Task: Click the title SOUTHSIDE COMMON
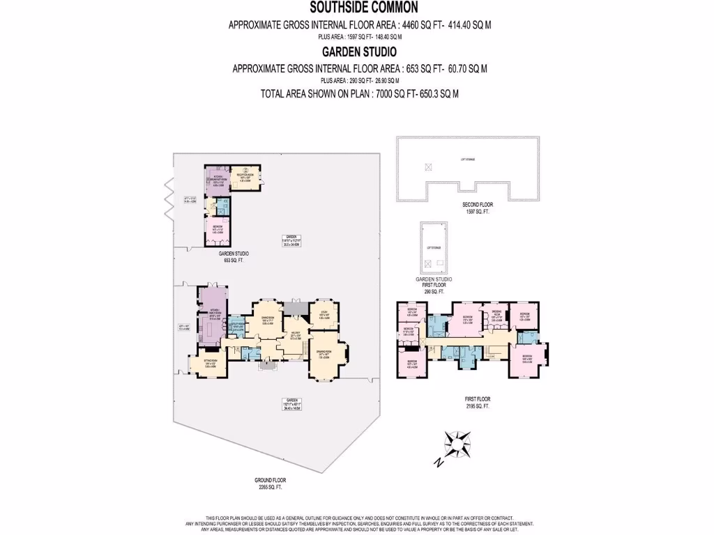tap(359, 8)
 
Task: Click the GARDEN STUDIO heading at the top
tap(359, 52)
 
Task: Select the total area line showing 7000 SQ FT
tap(359, 94)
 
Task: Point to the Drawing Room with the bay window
tap(326, 355)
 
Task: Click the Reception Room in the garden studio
tap(245, 178)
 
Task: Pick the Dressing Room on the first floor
tap(497, 318)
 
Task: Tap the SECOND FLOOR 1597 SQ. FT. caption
tap(477, 207)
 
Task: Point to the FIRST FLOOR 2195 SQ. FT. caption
tap(478, 402)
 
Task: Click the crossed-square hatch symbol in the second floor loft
tap(428, 166)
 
